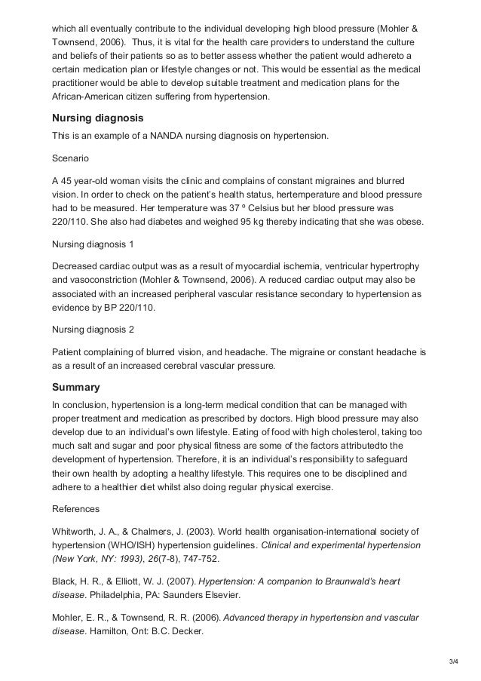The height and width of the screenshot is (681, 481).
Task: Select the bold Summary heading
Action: point(75,388)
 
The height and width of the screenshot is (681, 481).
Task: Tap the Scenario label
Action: point(71,160)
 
